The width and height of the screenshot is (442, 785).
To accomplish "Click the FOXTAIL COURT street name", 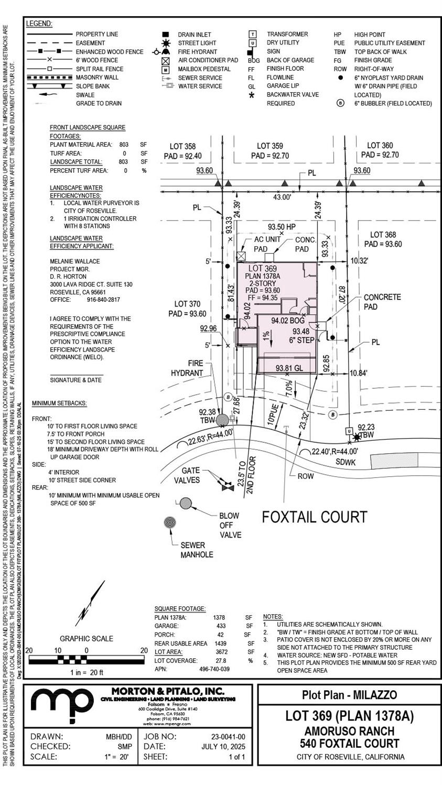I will (x=314, y=517).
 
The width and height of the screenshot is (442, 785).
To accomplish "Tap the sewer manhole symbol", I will (x=170, y=522).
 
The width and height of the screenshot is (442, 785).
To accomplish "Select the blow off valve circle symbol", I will (x=186, y=504).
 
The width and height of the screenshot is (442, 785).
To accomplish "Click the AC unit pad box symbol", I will (x=241, y=256).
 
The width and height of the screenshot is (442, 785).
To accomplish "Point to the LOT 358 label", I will (x=182, y=146).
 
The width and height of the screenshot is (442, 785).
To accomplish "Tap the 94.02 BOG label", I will (x=288, y=320).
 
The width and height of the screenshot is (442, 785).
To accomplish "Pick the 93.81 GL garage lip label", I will (x=289, y=368).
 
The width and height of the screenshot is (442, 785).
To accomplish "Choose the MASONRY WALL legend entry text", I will (x=97, y=78).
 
